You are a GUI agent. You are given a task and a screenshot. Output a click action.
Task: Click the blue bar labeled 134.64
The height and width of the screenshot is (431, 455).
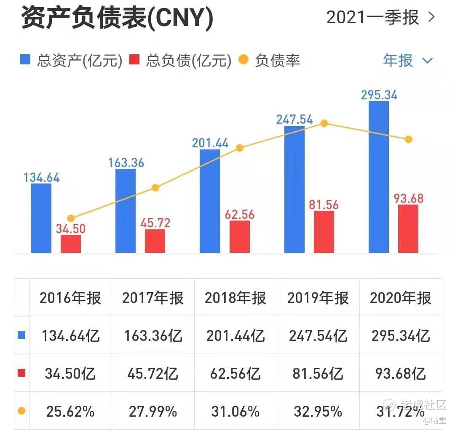(x=41, y=218)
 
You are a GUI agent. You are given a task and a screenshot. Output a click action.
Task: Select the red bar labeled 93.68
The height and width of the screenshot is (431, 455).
(x=408, y=229)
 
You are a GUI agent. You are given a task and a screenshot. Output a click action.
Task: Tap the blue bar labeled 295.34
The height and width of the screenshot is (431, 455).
(x=378, y=177)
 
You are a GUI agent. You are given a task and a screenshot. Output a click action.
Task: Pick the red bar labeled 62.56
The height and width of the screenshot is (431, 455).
(x=239, y=237)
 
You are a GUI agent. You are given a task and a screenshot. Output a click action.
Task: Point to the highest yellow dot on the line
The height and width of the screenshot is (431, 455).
(x=324, y=123)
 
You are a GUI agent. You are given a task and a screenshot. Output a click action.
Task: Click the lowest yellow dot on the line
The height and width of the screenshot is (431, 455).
(x=71, y=218)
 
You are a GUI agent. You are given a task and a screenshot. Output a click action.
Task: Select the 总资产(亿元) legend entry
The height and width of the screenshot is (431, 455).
(x=72, y=61)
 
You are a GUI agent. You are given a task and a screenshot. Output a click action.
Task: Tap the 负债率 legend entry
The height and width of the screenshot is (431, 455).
(x=270, y=61)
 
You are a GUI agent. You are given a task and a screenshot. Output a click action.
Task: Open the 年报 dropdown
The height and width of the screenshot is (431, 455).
(x=407, y=61)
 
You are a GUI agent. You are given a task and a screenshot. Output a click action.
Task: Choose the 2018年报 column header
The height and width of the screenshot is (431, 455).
(x=236, y=298)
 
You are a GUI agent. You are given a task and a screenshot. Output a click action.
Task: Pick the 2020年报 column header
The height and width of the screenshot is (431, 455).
(x=401, y=298)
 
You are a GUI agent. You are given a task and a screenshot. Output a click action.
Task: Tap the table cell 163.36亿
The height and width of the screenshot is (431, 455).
(x=153, y=335)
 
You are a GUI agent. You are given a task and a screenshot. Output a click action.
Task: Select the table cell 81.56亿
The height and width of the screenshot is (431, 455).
(x=318, y=373)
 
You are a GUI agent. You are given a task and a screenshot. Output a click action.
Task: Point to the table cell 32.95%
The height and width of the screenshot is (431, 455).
(x=318, y=411)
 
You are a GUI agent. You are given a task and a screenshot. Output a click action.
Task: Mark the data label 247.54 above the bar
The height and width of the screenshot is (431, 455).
(x=294, y=119)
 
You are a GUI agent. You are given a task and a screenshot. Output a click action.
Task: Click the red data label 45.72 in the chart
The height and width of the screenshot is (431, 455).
(x=155, y=223)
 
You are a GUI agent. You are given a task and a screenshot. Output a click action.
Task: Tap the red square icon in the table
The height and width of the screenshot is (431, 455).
(x=22, y=373)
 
